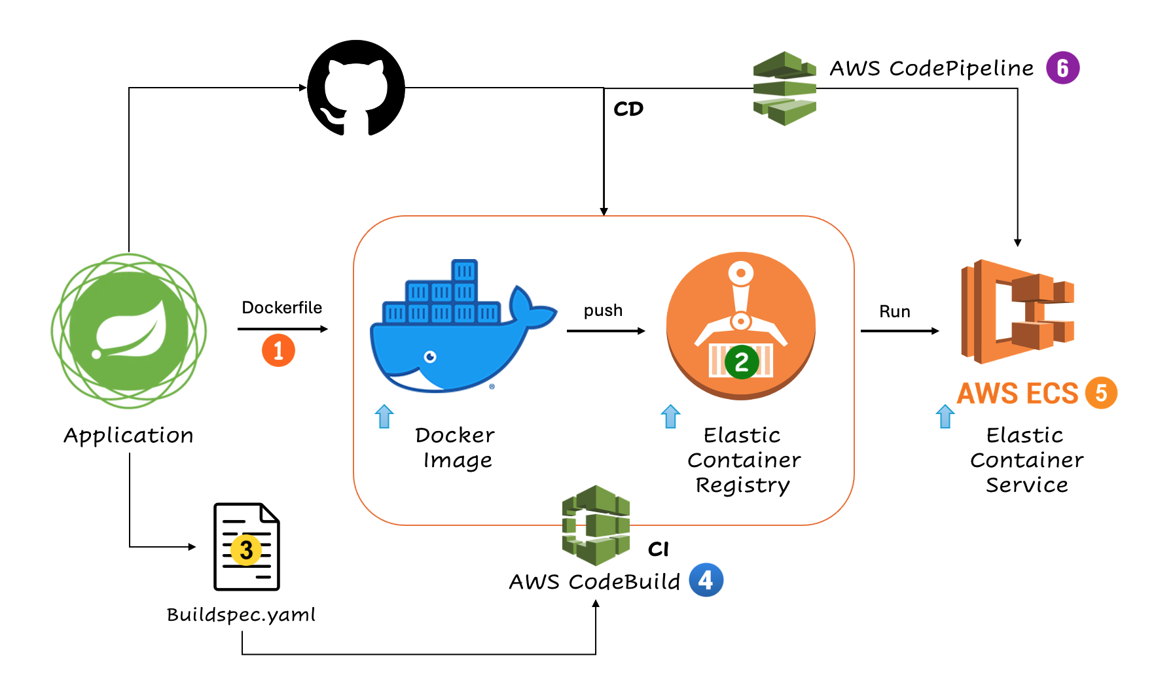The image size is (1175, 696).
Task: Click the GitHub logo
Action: tap(356, 88)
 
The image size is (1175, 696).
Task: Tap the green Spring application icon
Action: tap(129, 331)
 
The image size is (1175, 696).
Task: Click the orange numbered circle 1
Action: tap(278, 351)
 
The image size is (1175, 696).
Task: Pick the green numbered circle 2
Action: tap(742, 362)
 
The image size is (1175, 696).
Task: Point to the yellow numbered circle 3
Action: tap(246, 550)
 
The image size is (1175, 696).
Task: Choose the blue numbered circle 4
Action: tap(706, 580)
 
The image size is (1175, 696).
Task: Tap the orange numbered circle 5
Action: tap(1101, 393)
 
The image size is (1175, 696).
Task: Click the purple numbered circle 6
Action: tap(1062, 68)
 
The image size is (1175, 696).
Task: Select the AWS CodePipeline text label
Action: tap(931, 68)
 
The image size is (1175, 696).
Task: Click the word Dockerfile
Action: tap(281, 307)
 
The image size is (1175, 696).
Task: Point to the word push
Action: tap(603, 310)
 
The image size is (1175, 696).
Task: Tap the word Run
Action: tap(894, 311)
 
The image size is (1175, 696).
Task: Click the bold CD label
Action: tap(628, 109)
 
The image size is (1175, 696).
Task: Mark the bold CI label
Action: tap(659, 549)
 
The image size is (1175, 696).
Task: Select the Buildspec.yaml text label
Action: tap(241, 615)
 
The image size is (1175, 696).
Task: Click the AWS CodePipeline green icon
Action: tap(784, 88)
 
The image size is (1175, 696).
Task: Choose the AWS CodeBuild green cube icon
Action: tap(596, 525)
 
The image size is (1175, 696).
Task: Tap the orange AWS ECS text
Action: tap(1017, 394)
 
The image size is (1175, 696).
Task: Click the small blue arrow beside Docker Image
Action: tap(384, 416)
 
